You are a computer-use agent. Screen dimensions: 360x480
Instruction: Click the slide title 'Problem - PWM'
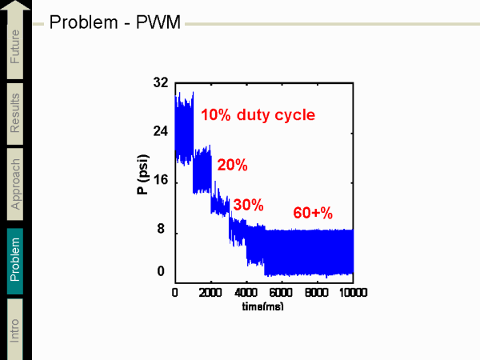click(115, 22)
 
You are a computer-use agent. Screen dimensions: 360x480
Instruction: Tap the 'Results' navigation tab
click(16, 113)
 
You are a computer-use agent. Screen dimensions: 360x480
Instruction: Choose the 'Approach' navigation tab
click(16, 183)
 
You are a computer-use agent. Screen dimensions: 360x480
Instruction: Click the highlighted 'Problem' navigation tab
click(16, 258)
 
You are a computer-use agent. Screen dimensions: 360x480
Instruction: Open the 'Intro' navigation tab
click(16, 329)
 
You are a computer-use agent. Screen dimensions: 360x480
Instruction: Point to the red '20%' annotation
click(232, 166)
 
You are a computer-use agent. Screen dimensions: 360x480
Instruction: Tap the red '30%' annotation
click(247, 205)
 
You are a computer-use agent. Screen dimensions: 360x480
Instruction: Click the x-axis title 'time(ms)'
click(264, 306)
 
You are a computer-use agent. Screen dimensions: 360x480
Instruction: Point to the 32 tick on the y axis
click(160, 82)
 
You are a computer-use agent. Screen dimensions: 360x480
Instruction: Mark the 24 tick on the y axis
click(160, 131)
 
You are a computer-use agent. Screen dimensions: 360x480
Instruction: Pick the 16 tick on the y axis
click(160, 181)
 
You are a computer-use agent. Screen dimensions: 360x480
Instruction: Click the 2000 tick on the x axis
click(211, 293)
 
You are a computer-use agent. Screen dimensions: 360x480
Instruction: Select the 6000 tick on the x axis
click(282, 293)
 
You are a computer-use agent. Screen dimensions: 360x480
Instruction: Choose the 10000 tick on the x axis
click(353, 293)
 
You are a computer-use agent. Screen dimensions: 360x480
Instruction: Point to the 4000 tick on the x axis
click(246, 293)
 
